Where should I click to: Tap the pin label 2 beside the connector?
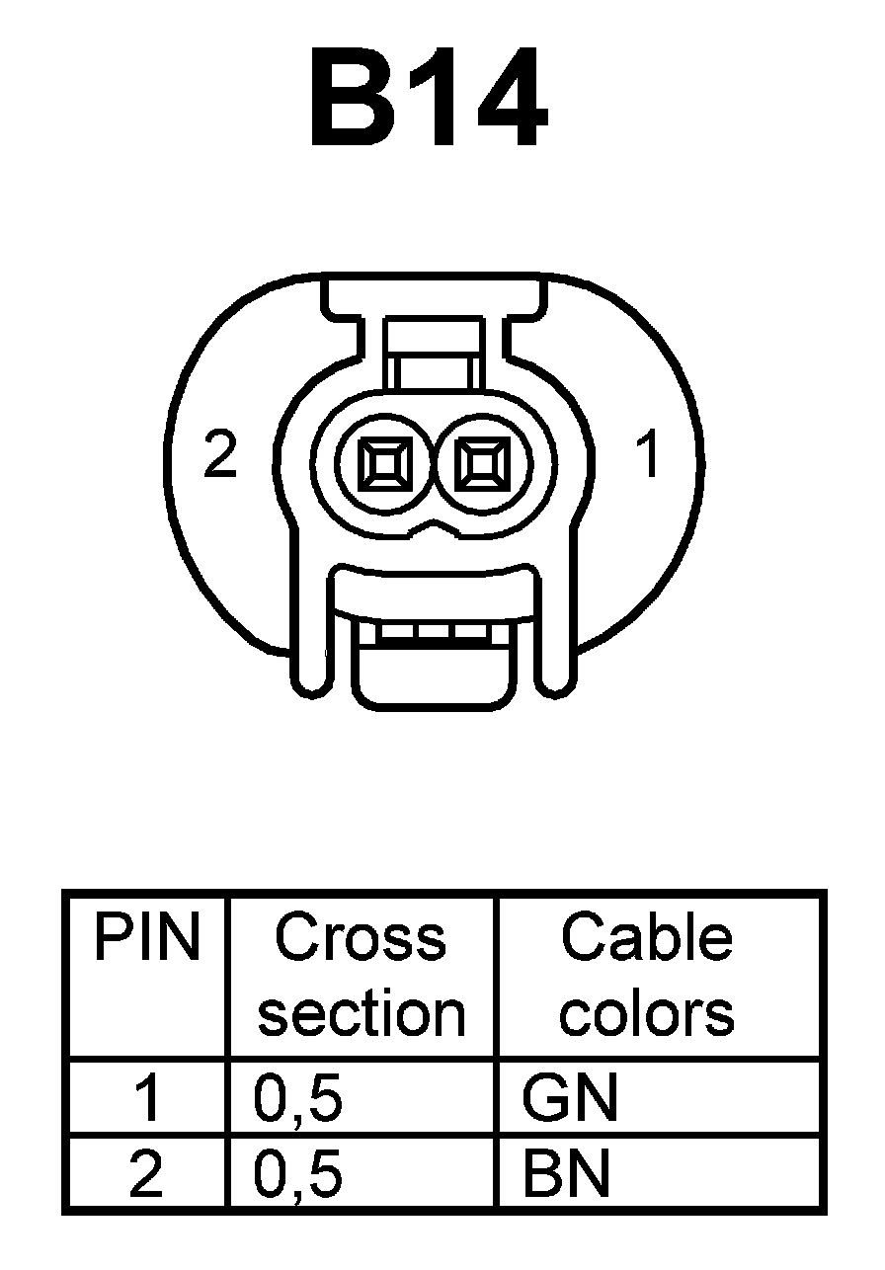[220, 455]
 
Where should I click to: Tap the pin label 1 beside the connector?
[648, 455]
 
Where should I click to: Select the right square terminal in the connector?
[481, 462]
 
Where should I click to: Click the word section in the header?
[361, 1013]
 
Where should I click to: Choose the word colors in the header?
[647, 1013]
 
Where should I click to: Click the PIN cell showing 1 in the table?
[146, 1098]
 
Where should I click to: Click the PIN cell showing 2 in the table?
[146, 1175]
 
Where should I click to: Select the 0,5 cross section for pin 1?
[298, 1098]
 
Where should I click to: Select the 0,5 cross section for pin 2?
[298, 1175]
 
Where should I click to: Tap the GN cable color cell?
[570, 1098]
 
